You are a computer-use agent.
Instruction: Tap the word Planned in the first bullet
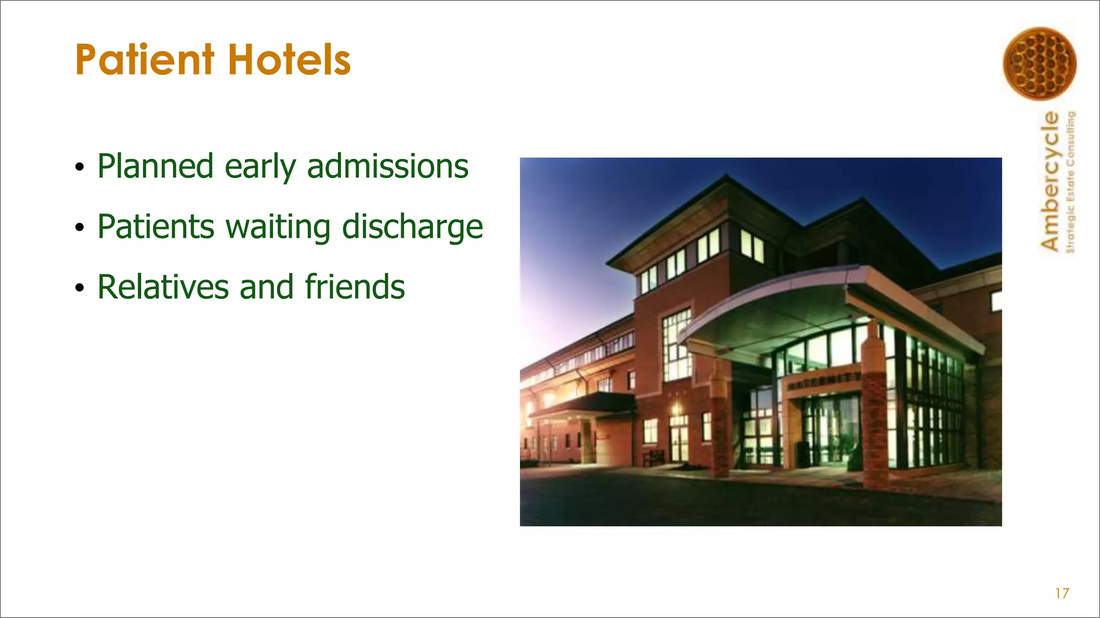[x=155, y=166]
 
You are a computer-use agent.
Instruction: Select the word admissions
[x=387, y=166]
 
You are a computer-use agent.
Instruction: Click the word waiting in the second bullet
[x=278, y=227]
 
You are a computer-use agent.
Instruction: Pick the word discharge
[x=412, y=227]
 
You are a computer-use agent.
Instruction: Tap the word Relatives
[x=163, y=287]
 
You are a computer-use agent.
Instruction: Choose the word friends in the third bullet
[x=354, y=287]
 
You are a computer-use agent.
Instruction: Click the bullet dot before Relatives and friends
[x=79, y=289]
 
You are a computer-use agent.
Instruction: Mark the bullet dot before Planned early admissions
[x=79, y=168]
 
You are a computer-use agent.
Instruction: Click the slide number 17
[x=1062, y=593]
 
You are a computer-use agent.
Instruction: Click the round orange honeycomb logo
[x=1039, y=63]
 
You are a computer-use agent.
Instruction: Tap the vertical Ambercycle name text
[x=1050, y=181]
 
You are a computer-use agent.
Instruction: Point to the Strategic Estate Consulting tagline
[x=1070, y=181]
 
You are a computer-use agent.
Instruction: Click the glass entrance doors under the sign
[x=830, y=429]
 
